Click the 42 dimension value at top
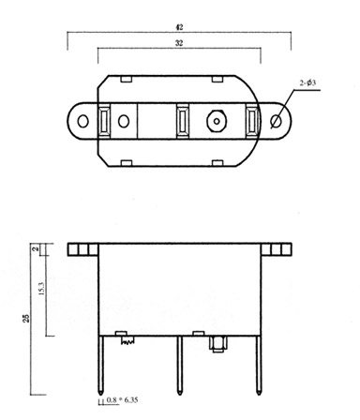tap(179, 27)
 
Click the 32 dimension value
tap(179, 43)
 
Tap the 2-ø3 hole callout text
tap(307, 82)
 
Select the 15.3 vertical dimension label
tap(41, 289)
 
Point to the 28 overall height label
tap(27, 318)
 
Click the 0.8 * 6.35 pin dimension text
tap(122, 399)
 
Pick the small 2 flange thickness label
tap(36, 248)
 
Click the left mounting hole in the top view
tap(82, 121)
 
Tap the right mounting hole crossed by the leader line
tap(276, 121)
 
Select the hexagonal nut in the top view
tap(217, 121)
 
